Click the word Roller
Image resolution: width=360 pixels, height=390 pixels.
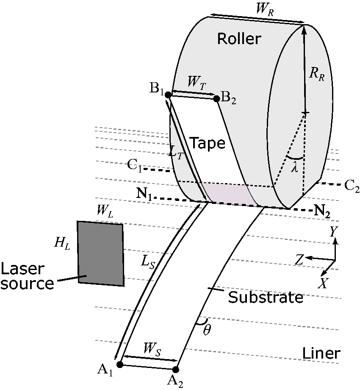point(239,39)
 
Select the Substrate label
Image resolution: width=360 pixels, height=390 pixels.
point(266,297)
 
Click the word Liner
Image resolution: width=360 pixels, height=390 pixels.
point(321,353)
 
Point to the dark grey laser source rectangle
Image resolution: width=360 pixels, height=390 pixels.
point(101,253)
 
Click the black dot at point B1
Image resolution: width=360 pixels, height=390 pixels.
point(168,95)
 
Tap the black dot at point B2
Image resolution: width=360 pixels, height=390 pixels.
point(216,98)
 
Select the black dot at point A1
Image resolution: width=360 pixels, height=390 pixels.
point(120,365)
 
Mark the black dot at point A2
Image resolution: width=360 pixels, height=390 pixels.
point(175,369)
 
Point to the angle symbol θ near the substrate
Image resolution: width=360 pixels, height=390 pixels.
point(207,330)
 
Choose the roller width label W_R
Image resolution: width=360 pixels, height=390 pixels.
point(265,9)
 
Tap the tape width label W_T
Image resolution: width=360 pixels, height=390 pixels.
point(197,83)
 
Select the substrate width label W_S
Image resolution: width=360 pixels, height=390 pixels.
point(152,350)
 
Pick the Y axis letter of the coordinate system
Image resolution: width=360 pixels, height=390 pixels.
point(333,231)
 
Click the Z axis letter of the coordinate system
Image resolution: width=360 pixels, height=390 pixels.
point(299,260)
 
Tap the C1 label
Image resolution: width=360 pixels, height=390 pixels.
point(134,166)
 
